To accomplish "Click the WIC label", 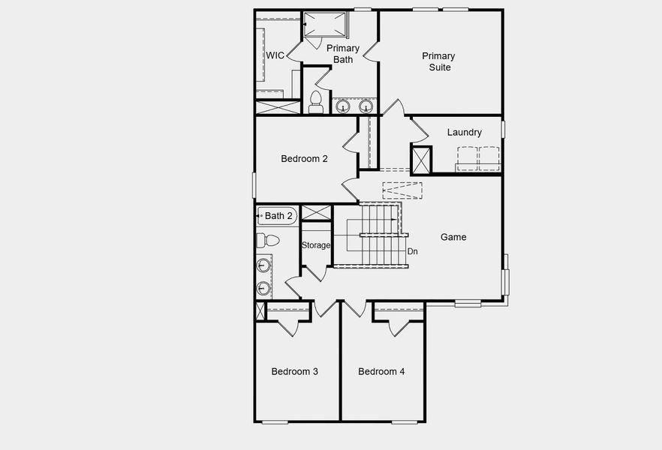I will pyautogui.click(x=275, y=55).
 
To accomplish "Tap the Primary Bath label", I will pyautogui.click(x=342, y=54).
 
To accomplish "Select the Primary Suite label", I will pyautogui.click(x=438, y=61).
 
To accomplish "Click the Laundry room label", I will pyautogui.click(x=464, y=133).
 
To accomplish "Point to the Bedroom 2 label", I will pyautogui.click(x=304, y=158).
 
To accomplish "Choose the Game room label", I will pyautogui.click(x=453, y=237).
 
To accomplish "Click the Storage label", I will pyautogui.click(x=316, y=245).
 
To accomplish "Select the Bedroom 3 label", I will pyautogui.click(x=295, y=371).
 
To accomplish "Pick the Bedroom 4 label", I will pyautogui.click(x=381, y=371).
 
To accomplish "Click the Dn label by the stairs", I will pyautogui.click(x=412, y=252).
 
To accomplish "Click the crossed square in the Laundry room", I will pyautogui.click(x=421, y=160).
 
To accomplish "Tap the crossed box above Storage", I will pyautogui.click(x=316, y=212).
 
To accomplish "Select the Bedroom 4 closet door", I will pyautogui.click(x=399, y=327).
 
